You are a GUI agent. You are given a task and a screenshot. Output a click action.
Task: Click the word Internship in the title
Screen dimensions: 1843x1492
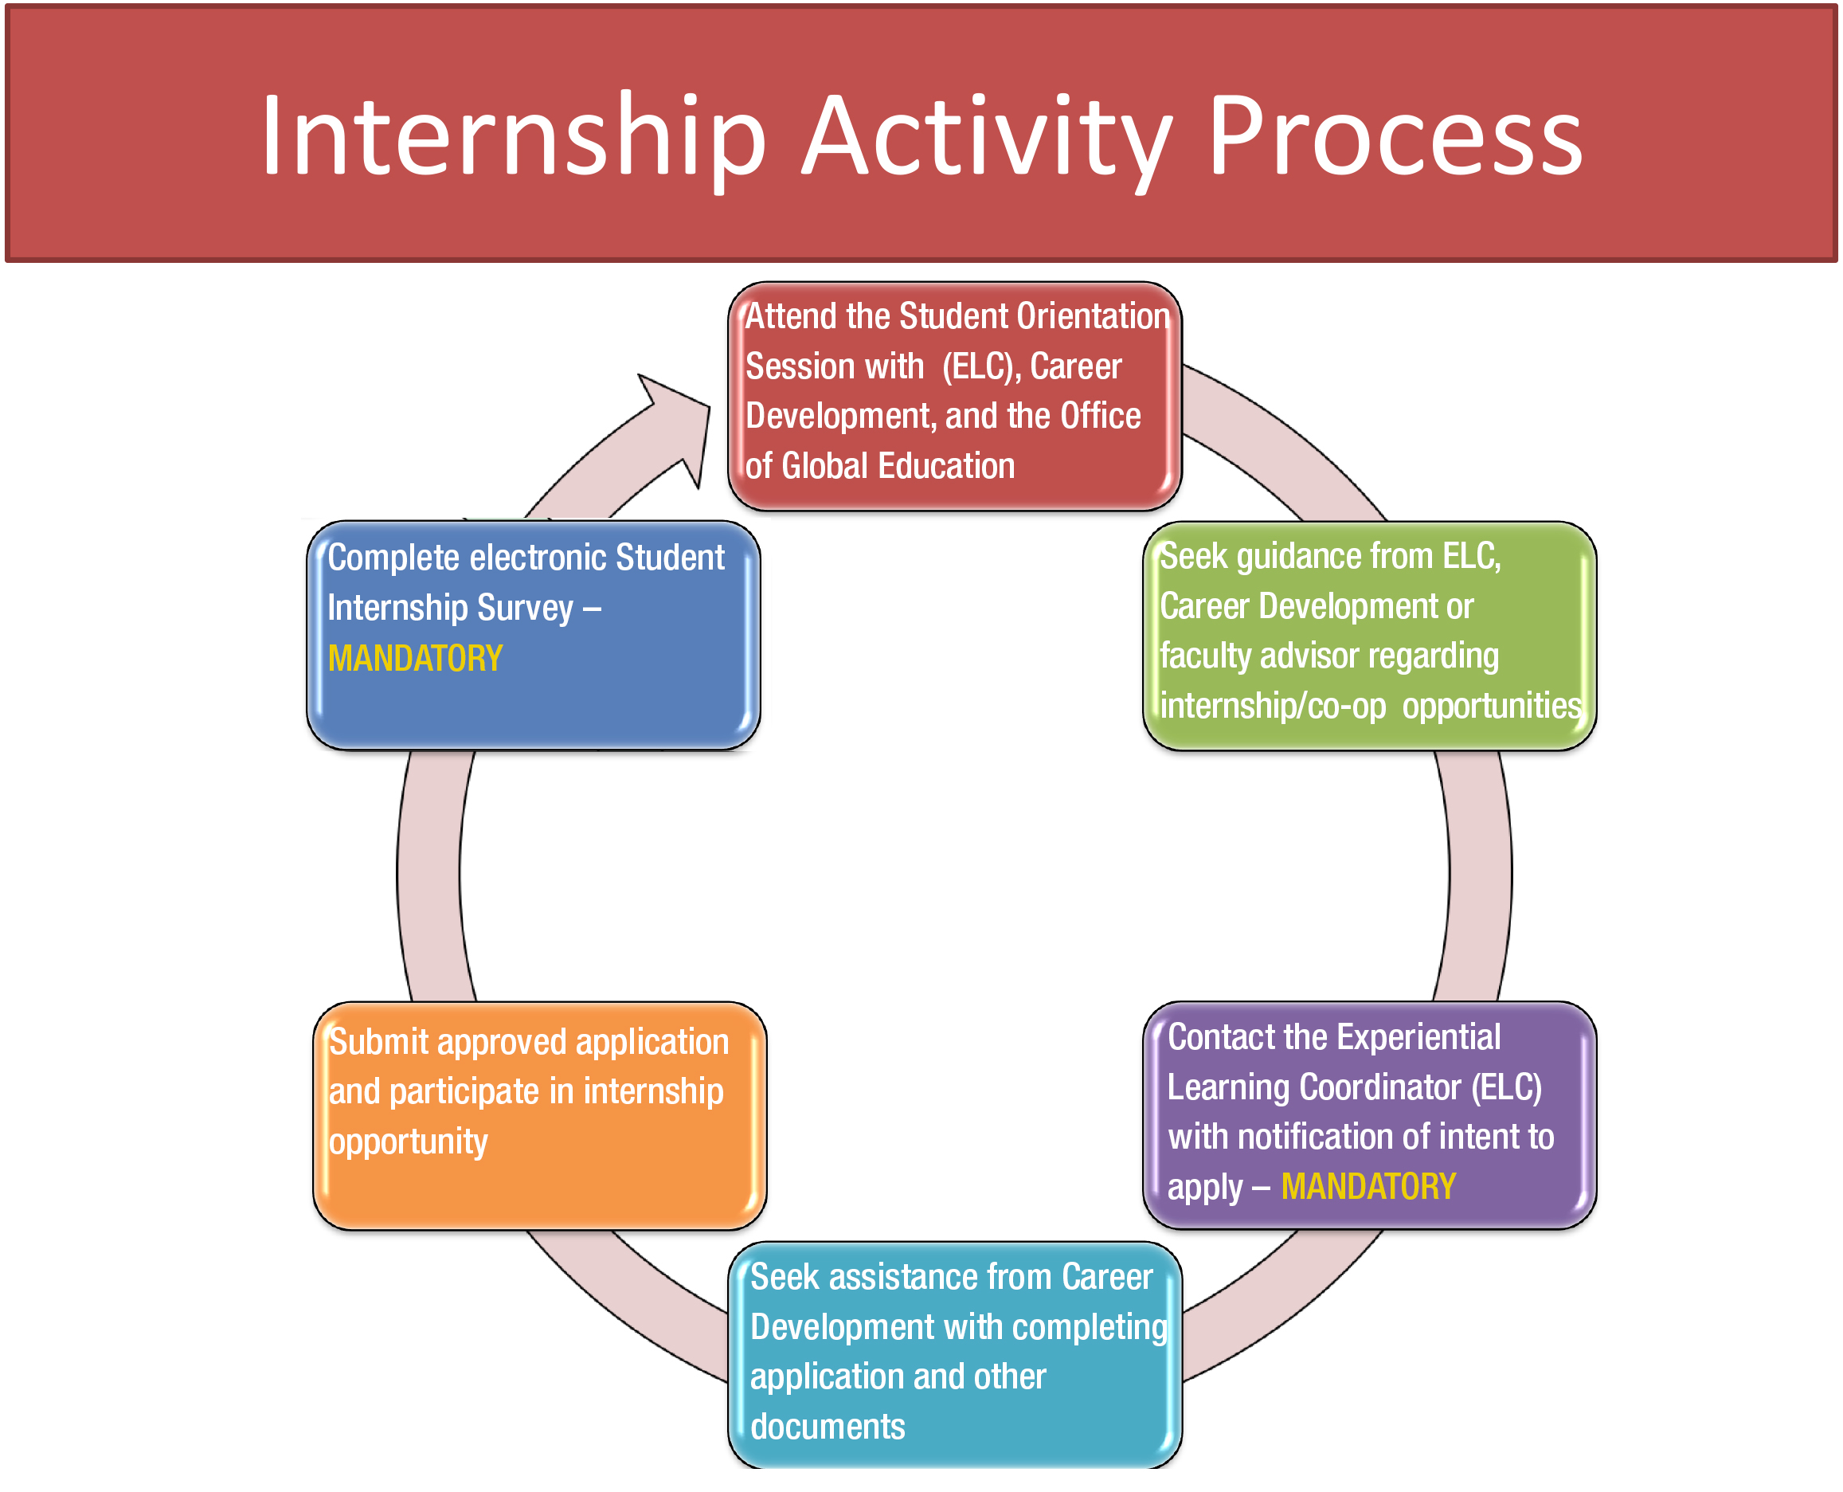[x=514, y=138]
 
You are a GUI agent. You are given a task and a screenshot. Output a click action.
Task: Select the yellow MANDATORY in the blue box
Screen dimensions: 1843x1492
[x=416, y=658]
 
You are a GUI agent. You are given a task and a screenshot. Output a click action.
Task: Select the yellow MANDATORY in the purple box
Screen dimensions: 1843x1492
[x=1368, y=1186]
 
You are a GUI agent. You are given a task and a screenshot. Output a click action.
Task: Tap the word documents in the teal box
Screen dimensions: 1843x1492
[x=828, y=1427]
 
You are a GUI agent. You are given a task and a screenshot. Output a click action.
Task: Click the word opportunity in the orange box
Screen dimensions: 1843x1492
[x=408, y=1142]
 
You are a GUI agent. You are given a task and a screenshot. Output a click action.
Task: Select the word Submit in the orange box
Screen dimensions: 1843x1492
[x=379, y=1042]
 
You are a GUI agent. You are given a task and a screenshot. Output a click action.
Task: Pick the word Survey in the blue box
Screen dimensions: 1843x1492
[x=525, y=609]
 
